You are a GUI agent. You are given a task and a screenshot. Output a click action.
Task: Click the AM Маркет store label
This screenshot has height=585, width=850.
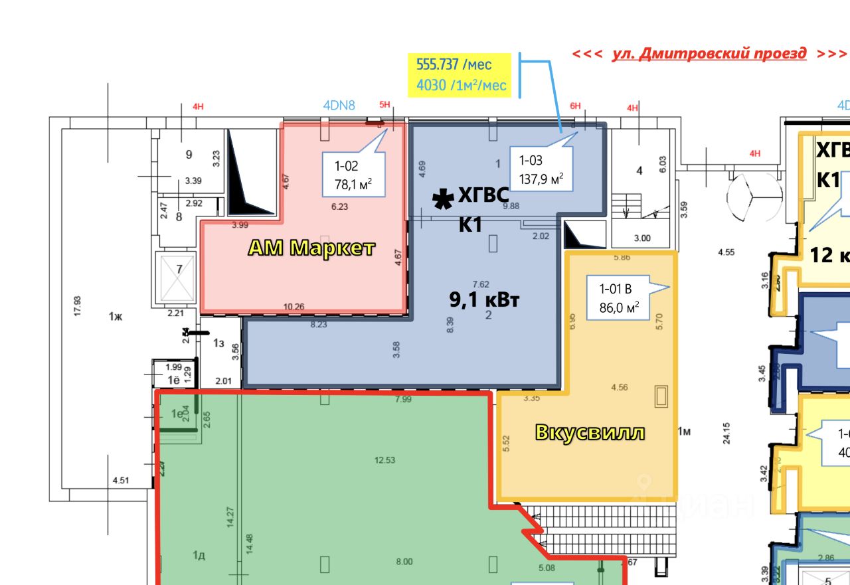tap(311, 248)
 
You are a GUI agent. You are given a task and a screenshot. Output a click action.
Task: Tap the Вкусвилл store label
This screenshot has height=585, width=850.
tap(590, 432)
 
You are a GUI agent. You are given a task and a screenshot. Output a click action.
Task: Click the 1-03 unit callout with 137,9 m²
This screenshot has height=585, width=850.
tap(540, 169)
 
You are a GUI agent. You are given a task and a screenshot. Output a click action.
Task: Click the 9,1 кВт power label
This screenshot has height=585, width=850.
tap(484, 299)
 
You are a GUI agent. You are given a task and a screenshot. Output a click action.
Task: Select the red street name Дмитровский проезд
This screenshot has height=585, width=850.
tap(709, 54)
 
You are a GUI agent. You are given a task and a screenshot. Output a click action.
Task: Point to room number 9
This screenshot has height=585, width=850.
tap(189, 155)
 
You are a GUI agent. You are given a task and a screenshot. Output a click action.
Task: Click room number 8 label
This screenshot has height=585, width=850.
tap(179, 216)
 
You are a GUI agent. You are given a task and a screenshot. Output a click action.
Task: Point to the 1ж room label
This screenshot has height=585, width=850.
tap(116, 317)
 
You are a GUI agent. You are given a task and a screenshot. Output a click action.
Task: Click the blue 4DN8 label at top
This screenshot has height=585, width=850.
tap(339, 105)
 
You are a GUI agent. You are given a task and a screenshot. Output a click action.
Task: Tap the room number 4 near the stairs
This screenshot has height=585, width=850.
tap(639, 171)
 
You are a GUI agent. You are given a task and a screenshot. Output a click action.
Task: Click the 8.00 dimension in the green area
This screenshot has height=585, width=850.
tap(404, 562)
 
